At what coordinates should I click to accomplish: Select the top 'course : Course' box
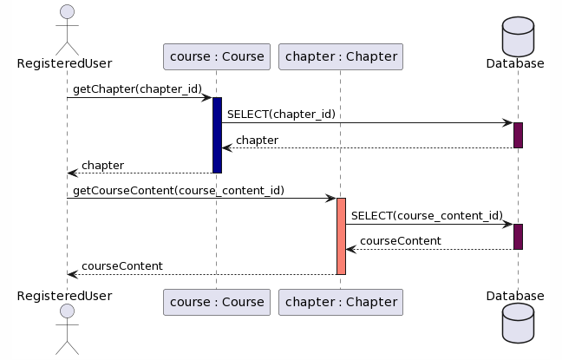point(217,57)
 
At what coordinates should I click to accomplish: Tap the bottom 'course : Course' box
point(217,302)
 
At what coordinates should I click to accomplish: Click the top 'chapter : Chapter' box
point(341,57)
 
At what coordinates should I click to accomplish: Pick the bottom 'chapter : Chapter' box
point(341,302)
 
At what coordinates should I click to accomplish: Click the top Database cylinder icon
point(518,35)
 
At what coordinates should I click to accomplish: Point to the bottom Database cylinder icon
point(518,325)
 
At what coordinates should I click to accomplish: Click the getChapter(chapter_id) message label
point(137,88)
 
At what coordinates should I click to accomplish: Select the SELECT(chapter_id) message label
point(281,114)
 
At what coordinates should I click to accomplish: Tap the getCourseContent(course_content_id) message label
point(178,189)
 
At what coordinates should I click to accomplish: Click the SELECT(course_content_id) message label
point(427,215)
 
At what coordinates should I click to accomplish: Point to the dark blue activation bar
point(217,134)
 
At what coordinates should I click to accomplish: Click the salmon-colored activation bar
point(341,236)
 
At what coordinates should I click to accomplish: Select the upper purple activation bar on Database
point(518,134)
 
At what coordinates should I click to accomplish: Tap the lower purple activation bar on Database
point(518,236)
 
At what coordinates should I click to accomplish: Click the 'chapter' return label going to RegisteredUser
point(102,165)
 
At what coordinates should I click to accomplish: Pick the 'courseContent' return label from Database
point(400,240)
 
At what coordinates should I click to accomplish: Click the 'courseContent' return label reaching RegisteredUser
point(121,265)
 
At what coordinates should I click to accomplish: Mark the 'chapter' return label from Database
point(257,140)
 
